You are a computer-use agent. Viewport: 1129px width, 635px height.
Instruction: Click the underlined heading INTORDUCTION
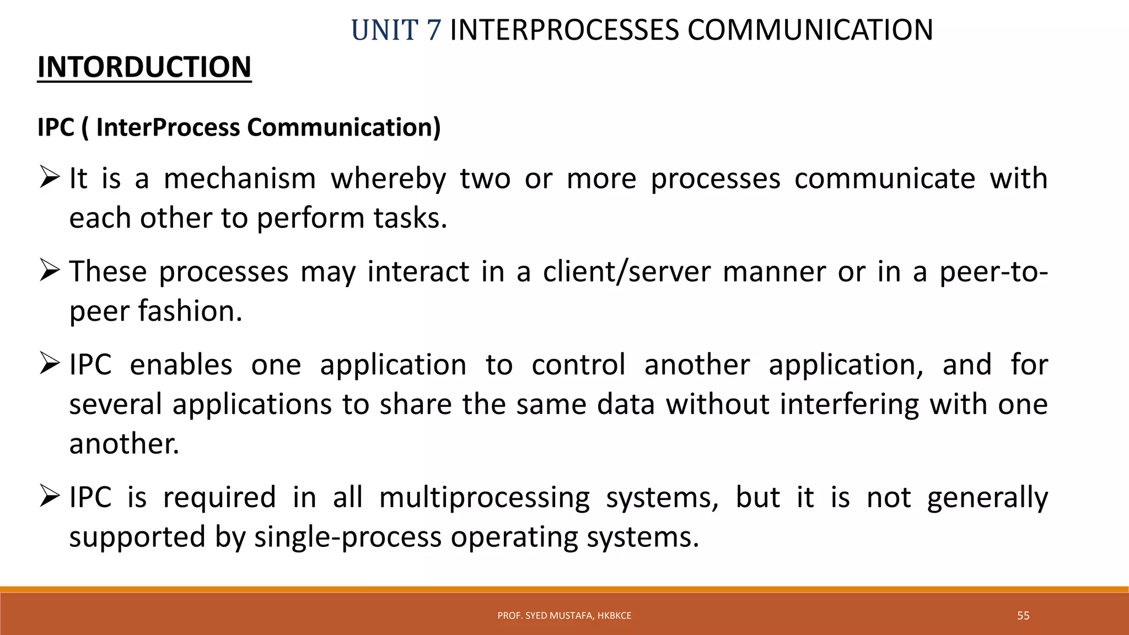pyautogui.click(x=144, y=67)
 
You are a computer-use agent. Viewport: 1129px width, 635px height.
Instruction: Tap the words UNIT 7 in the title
pyautogui.click(x=396, y=30)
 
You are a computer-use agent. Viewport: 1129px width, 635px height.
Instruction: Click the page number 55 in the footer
pyautogui.click(x=1023, y=616)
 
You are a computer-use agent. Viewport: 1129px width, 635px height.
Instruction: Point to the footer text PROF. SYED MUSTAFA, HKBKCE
pyautogui.click(x=564, y=616)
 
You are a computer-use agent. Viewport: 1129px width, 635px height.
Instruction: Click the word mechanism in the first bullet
pyautogui.click(x=240, y=179)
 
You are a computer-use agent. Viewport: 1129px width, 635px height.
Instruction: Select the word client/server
pyautogui.click(x=626, y=272)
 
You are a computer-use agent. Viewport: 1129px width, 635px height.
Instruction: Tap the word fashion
pyautogui.click(x=190, y=311)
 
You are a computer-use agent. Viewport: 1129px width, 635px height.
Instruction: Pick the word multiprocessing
pyautogui.click(x=484, y=498)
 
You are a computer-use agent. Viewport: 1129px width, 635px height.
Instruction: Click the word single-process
pyautogui.click(x=347, y=537)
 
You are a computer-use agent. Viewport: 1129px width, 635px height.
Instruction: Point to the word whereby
pyautogui.click(x=388, y=179)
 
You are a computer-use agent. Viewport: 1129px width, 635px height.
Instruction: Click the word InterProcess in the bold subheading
pyautogui.click(x=168, y=127)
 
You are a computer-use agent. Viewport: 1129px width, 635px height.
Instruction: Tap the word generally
pyautogui.click(x=987, y=498)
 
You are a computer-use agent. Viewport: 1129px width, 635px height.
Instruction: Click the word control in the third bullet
pyautogui.click(x=578, y=365)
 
